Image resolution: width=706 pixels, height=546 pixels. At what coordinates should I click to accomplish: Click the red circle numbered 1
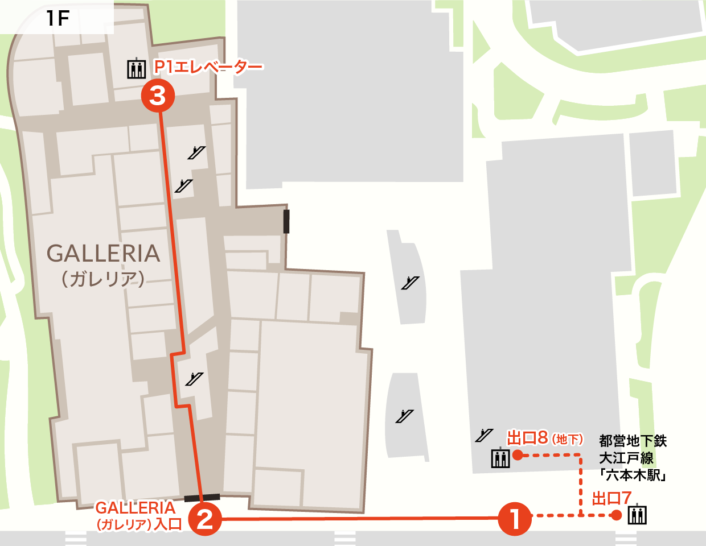point(515,518)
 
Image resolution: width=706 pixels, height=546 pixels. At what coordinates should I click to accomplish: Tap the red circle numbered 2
point(204,518)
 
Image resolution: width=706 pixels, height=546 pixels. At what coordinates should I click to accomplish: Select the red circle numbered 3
point(158,96)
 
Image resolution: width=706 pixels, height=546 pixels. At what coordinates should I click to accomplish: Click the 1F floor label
point(58,19)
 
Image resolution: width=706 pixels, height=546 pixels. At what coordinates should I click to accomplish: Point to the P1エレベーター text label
point(208,67)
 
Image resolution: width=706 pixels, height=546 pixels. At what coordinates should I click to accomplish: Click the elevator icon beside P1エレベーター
point(137,68)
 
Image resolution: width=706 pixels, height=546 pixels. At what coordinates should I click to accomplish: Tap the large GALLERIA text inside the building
point(103,254)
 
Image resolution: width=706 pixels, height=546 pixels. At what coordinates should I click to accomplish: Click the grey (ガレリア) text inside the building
point(103,279)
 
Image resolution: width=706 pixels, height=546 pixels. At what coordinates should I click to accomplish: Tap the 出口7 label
point(611,499)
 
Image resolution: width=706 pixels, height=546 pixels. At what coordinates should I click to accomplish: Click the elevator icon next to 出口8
point(500,457)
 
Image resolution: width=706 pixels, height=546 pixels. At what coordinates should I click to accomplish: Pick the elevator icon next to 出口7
point(637,515)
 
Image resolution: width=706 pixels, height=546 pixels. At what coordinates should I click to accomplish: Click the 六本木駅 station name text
point(633,475)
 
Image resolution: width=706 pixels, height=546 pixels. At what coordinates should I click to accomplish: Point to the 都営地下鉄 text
point(633,441)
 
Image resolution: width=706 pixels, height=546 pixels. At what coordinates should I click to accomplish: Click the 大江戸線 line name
point(626,458)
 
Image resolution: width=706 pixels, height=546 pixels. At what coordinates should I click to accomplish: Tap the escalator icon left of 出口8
point(484,436)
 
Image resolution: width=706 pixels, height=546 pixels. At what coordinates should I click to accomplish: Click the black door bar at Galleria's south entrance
point(202,498)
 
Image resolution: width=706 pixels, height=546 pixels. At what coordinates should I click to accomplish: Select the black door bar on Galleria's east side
point(286,221)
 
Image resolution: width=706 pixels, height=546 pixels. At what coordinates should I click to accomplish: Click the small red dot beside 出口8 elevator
point(518,454)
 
